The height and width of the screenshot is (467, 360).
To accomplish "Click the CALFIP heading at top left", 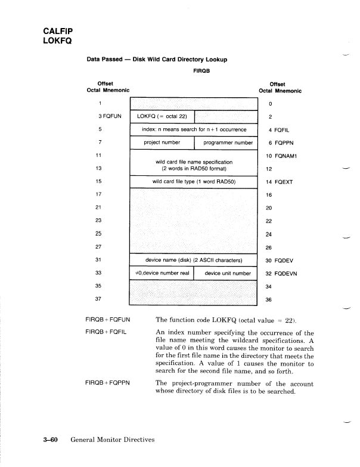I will click(57, 30).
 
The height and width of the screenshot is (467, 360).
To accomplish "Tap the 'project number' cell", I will click(162, 143).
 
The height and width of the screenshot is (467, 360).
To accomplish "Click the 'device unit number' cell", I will click(227, 273).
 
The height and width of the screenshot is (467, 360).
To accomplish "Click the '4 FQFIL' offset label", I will click(280, 129).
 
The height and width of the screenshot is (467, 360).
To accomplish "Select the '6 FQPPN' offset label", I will click(281, 143).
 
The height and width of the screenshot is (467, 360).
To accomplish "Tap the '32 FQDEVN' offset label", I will click(283, 273).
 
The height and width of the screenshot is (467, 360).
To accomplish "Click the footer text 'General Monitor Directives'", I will click(112, 440).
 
